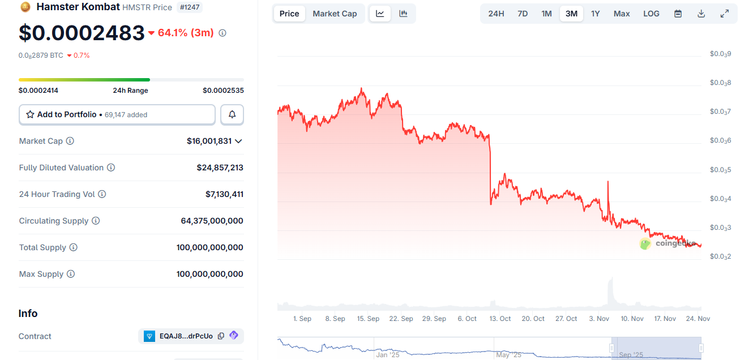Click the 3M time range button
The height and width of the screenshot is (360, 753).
(571, 14)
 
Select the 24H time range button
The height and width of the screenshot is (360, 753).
(496, 14)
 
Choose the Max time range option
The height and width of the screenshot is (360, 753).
(622, 14)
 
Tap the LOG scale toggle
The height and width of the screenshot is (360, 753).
(651, 14)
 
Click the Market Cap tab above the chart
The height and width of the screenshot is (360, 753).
(335, 14)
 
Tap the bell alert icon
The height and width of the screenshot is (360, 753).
(232, 114)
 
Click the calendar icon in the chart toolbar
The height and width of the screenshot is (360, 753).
(678, 14)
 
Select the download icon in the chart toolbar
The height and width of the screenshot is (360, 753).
(701, 14)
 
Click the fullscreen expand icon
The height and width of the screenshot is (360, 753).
(724, 14)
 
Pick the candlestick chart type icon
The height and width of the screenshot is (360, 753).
(403, 14)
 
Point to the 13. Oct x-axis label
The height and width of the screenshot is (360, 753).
(500, 319)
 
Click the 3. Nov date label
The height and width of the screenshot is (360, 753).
(599, 319)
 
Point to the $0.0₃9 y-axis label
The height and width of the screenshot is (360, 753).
(720, 54)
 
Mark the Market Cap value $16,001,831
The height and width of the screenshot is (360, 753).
(209, 141)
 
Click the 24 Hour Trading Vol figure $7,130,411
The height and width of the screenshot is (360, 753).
(224, 194)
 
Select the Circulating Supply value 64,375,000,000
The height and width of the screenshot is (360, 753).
(212, 221)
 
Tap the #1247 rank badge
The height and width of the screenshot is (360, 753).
(190, 7)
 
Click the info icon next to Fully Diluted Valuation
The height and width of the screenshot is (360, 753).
(111, 168)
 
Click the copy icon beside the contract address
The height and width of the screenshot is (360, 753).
(221, 336)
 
